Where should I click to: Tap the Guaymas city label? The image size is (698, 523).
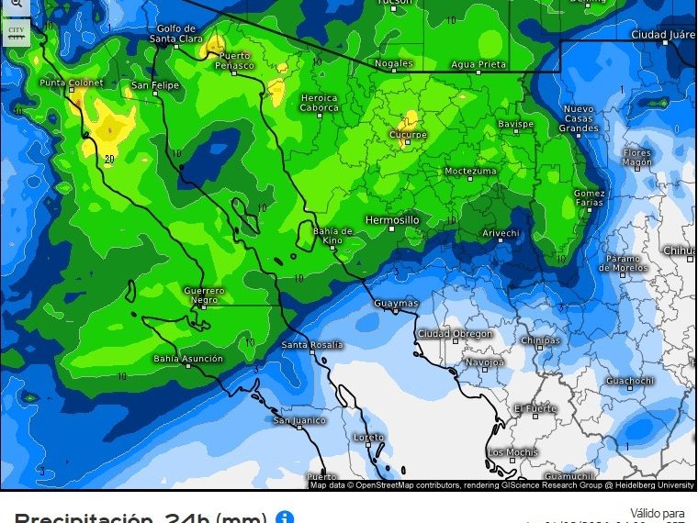coord(396,303)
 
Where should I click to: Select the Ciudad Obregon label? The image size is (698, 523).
coord(455,334)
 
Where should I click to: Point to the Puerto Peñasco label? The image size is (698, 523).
coord(234,61)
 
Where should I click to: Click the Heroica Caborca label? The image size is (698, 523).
coord(320,103)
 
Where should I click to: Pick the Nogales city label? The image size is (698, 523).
coord(394,63)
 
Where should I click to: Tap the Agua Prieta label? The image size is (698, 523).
coord(478,63)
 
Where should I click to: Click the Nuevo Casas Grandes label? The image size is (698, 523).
coord(580,118)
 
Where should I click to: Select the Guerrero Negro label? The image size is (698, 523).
coord(204,295)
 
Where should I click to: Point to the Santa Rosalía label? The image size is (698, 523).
coord(312,344)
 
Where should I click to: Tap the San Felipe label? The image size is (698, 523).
coord(153,85)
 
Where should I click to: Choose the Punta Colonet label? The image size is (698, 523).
coord(72,83)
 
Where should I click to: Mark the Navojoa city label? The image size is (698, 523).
coord(484,362)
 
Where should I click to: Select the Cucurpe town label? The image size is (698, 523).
coord(409,135)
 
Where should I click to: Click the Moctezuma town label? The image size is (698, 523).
coord(470,171)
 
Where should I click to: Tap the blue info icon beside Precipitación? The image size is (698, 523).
coord(285,517)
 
